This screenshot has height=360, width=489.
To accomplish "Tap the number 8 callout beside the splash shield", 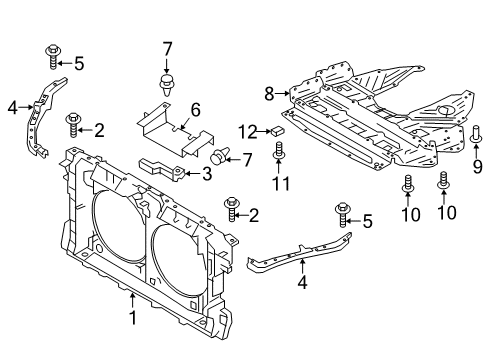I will coord(269,95).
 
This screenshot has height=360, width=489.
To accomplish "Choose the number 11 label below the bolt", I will coord(281,184).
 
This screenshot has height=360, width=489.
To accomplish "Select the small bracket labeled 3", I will coord(165,167).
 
